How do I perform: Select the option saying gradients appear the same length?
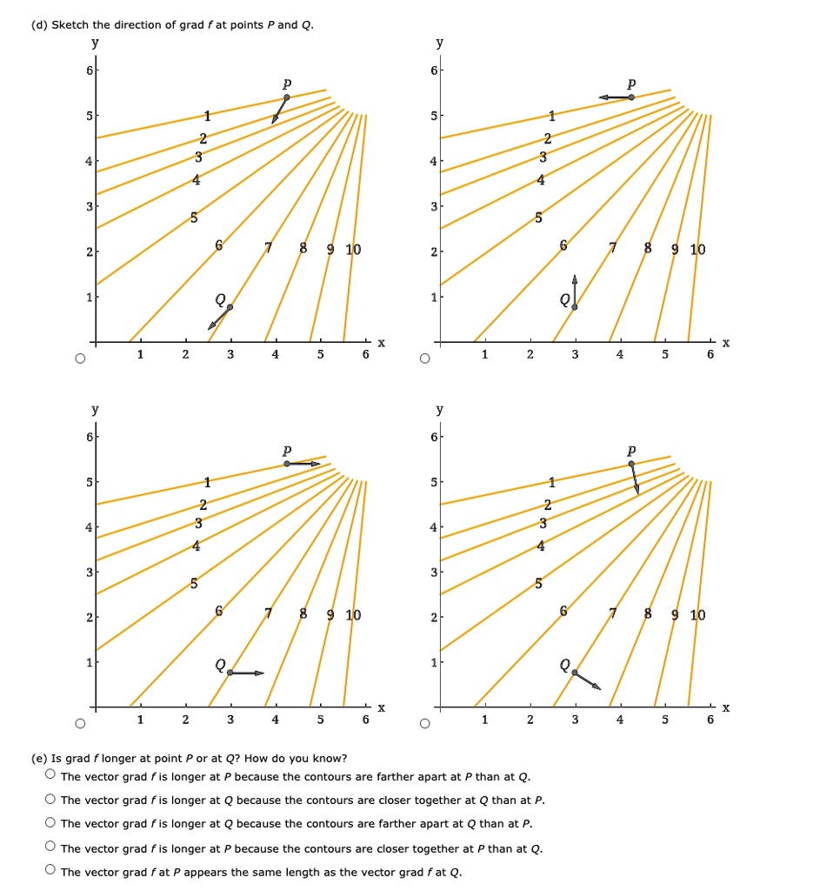coord(51,870)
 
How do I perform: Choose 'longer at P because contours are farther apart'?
coord(51,775)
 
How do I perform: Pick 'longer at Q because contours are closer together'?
coord(51,800)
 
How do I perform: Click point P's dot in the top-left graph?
coord(287,97)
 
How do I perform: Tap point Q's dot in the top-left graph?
coord(230,307)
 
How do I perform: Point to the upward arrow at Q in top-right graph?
coord(575,291)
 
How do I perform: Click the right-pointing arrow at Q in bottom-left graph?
coord(247,673)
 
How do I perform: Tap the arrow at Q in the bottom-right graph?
coord(588,680)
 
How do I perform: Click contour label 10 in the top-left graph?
coord(353,251)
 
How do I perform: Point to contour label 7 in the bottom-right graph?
coord(614,615)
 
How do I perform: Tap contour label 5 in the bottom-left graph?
coord(193,583)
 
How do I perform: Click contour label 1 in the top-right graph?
coord(551,116)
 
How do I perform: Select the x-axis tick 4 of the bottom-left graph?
coord(276,720)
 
